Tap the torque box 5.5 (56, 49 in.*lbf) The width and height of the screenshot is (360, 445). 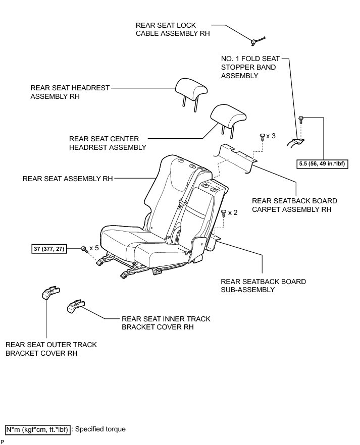coord(323,164)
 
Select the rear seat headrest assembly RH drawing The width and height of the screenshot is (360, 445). coord(191,89)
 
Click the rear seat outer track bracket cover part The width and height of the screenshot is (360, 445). coord(50,292)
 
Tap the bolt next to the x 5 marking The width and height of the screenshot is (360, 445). coord(83,249)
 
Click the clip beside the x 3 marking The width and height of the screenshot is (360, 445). coord(261,136)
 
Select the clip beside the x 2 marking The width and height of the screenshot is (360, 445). coord(223,213)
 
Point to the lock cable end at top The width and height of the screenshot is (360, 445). coord(255,41)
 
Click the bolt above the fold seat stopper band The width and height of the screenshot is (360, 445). coord(301,120)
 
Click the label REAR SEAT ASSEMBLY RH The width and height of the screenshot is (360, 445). coord(68,179)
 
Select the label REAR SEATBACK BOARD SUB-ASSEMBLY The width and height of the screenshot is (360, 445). coord(263,286)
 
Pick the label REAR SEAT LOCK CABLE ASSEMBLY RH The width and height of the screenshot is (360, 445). coord(172,29)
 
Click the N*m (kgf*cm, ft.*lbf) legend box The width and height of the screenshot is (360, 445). coord(38,429)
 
